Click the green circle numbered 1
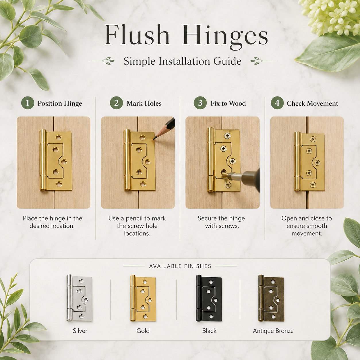point(28,103)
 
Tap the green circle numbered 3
point(200,103)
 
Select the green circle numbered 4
point(277,103)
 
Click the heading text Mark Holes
point(144,103)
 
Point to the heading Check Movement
point(312,103)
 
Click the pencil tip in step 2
point(154,139)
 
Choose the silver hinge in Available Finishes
point(80,298)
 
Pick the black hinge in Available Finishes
point(209,298)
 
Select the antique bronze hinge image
point(271,298)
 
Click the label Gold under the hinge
point(143,331)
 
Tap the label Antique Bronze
point(273,331)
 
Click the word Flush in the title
point(137,35)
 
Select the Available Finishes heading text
point(180,266)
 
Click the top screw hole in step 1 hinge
point(59,137)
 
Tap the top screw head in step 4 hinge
point(313,139)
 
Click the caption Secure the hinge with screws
point(221,222)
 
